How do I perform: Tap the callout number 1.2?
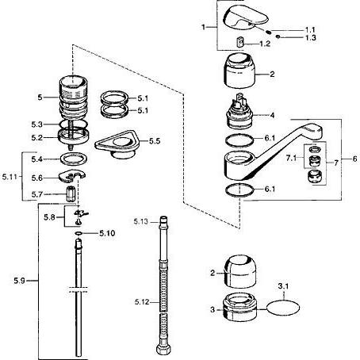pos(265,44)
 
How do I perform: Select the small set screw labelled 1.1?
pos(269,32)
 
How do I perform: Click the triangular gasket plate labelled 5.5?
pos(117,144)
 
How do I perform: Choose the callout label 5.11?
pos(10,177)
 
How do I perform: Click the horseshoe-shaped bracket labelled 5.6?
pos(71,176)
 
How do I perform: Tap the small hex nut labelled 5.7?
pos(71,193)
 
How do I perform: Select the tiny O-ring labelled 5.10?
pos(79,233)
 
